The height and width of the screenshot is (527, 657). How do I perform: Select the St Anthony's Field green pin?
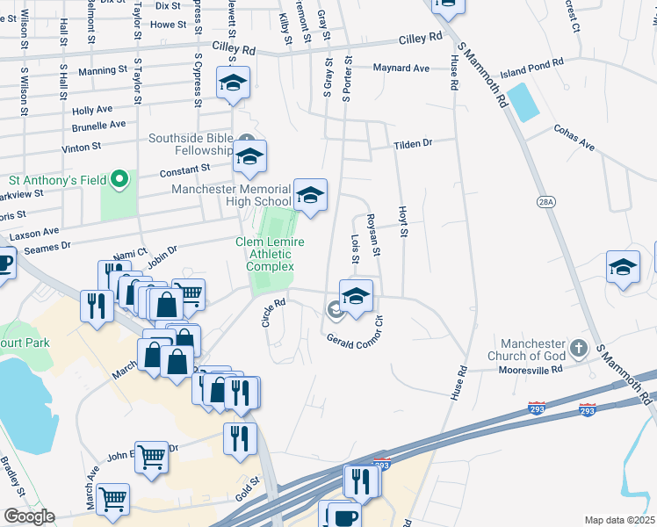click(x=119, y=181)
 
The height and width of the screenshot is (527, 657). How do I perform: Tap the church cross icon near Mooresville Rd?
click(x=578, y=349)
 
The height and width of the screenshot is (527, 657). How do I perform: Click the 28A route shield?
click(x=546, y=202)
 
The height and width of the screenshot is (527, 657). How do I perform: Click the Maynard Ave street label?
click(x=401, y=68)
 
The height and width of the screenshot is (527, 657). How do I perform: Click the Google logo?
click(x=28, y=516)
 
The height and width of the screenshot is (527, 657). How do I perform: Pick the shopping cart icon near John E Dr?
click(x=152, y=458)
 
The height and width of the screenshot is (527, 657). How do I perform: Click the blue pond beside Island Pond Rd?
click(x=523, y=103)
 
